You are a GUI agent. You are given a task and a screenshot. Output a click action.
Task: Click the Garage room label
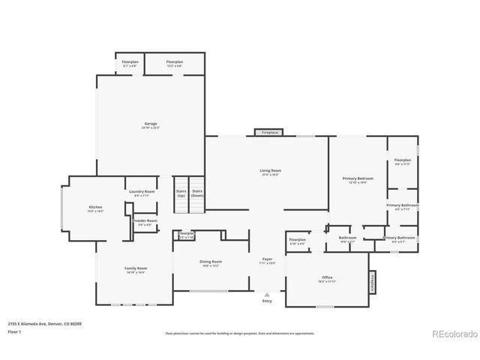pos(151,124)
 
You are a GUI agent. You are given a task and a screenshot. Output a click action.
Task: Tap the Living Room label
pos(270,171)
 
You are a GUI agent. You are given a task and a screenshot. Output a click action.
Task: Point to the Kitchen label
pos(95,208)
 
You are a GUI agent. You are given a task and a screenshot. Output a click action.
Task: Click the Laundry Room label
pos(140,192)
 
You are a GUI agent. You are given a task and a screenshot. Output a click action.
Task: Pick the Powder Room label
pos(145,221)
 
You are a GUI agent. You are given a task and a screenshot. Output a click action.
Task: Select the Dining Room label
pos(211,262)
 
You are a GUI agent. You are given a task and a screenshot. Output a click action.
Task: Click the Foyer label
pos(267,260)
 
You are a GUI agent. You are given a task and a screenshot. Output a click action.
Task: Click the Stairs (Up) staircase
pos(181,193)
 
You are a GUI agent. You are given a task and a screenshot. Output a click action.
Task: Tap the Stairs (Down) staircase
pos(197,193)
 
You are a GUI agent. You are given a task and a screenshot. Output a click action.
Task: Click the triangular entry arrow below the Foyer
pos(267,295)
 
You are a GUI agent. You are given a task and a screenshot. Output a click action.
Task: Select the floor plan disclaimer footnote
pos(240,333)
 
